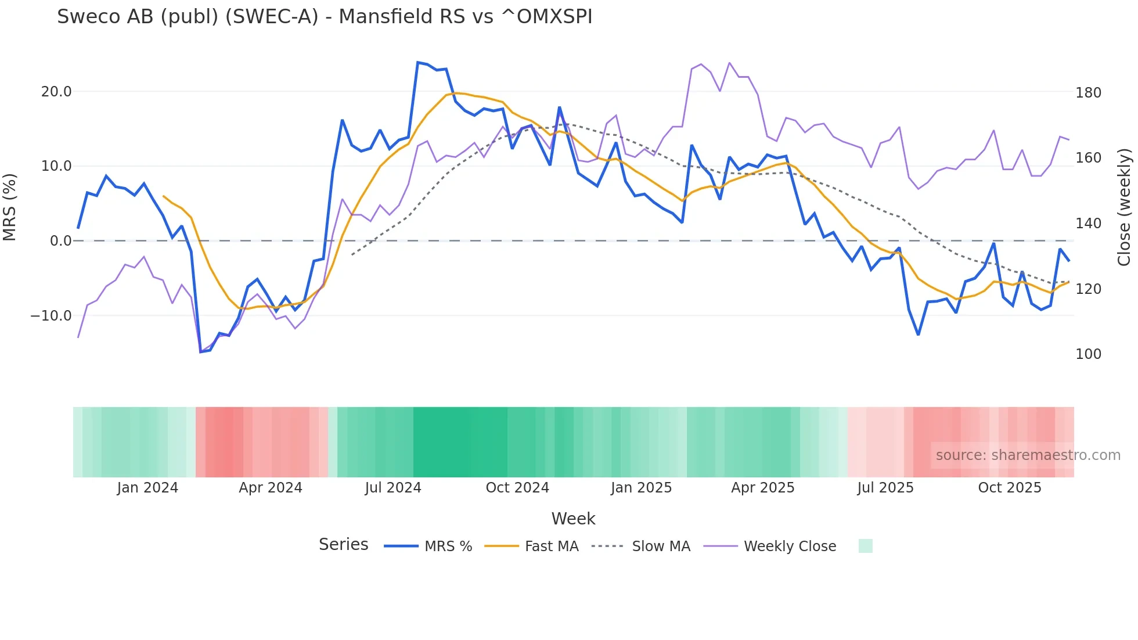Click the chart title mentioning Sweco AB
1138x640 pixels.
point(325,17)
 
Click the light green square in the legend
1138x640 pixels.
point(865,546)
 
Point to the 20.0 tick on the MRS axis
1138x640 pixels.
point(56,92)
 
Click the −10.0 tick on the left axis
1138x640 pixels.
point(51,316)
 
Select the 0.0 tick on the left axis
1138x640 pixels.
point(60,241)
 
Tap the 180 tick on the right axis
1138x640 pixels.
point(1088,93)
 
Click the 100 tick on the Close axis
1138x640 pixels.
point(1088,354)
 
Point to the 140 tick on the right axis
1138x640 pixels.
point(1088,224)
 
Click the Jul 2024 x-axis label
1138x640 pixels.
point(393,488)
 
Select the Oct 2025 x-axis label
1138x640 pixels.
point(1010,488)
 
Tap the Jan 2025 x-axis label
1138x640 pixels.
point(641,488)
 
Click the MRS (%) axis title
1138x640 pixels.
point(10,207)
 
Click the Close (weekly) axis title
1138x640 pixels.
point(1125,207)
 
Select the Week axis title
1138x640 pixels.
point(573,519)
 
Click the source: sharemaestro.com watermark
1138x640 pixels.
point(1028,455)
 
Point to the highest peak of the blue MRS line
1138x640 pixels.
point(418,62)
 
